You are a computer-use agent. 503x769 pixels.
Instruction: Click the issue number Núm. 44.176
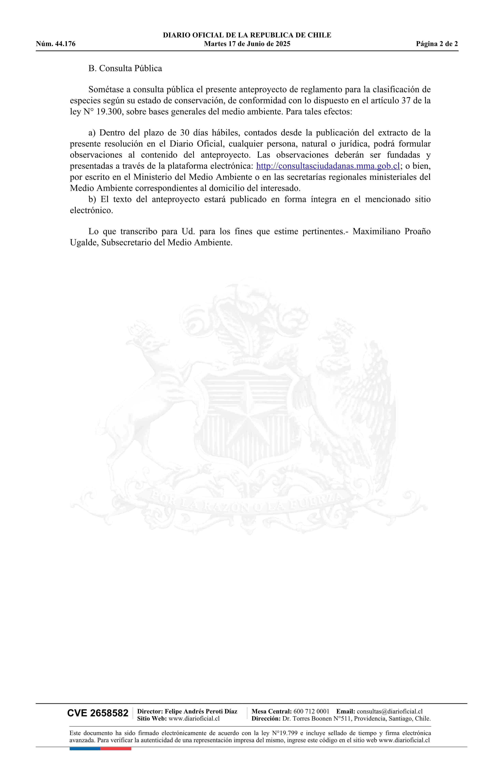[56, 44]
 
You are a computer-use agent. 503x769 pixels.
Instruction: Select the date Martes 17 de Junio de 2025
[247, 44]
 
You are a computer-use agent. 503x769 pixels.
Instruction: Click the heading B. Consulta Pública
[125, 68]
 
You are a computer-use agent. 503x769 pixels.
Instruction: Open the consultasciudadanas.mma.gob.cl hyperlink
[328, 166]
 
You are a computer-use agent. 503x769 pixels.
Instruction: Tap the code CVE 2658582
[98, 713]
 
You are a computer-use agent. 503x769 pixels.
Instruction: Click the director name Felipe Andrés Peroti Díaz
[201, 711]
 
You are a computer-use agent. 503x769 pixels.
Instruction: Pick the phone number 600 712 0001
[311, 711]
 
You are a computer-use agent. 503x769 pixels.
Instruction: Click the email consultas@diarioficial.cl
[390, 711]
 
